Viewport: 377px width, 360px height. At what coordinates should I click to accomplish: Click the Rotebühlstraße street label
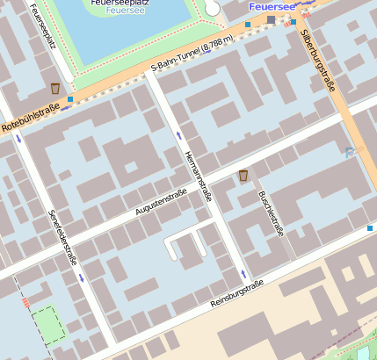(x=30, y=119)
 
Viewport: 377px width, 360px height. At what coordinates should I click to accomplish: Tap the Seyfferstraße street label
(x=63, y=236)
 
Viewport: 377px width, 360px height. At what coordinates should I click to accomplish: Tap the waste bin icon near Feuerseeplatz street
(x=55, y=89)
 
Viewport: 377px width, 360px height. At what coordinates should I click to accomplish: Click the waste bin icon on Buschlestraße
(x=243, y=176)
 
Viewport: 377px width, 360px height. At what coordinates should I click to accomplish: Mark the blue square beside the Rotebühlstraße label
(x=70, y=100)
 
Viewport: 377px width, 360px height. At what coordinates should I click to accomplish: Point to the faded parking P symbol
(x=351, y=153)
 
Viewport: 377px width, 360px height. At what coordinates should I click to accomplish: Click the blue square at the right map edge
(x=370, y=228)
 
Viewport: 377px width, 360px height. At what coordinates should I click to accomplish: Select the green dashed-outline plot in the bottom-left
(x=48, y=324)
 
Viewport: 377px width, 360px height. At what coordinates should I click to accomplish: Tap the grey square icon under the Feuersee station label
(x=271, y=19)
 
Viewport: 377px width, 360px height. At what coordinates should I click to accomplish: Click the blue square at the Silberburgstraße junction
(x=294, y=23)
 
